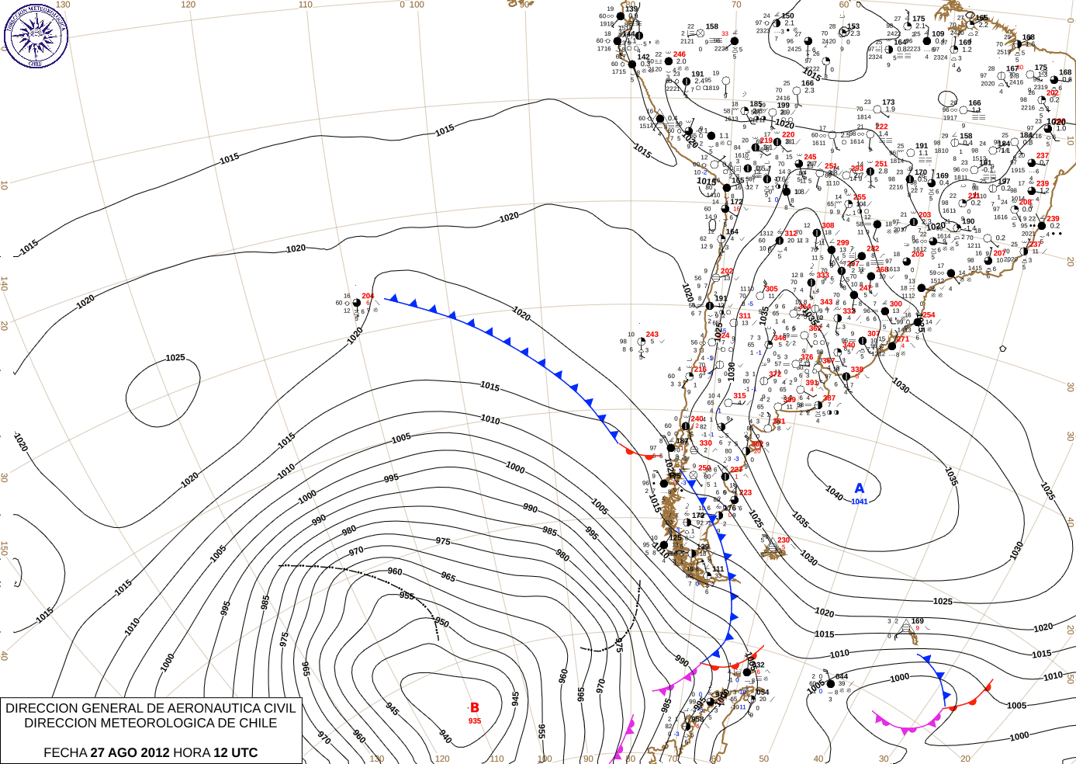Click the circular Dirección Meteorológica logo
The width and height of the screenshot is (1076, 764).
point(36,36)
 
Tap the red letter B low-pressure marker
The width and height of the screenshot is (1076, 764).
point(475,707)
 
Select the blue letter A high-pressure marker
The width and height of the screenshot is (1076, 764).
point(860,488)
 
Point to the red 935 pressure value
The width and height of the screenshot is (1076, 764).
point(475,721)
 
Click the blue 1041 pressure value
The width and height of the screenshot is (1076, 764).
point(860,502)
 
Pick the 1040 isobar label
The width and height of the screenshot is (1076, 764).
point(834,493)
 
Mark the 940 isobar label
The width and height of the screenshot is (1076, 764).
point(445,735)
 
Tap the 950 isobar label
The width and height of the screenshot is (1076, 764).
point(441,623)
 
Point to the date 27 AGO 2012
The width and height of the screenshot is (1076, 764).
point(130,752)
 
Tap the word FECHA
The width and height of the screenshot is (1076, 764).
point(65,752)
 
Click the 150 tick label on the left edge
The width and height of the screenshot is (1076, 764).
point(5,549)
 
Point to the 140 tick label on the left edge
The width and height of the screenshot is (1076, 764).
point(5,284)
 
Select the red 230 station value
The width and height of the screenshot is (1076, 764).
point(784,540)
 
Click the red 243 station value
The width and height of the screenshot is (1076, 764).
point(652,335)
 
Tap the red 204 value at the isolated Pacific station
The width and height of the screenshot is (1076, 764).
point(368,296)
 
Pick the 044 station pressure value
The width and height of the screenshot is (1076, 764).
point(842,676)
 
